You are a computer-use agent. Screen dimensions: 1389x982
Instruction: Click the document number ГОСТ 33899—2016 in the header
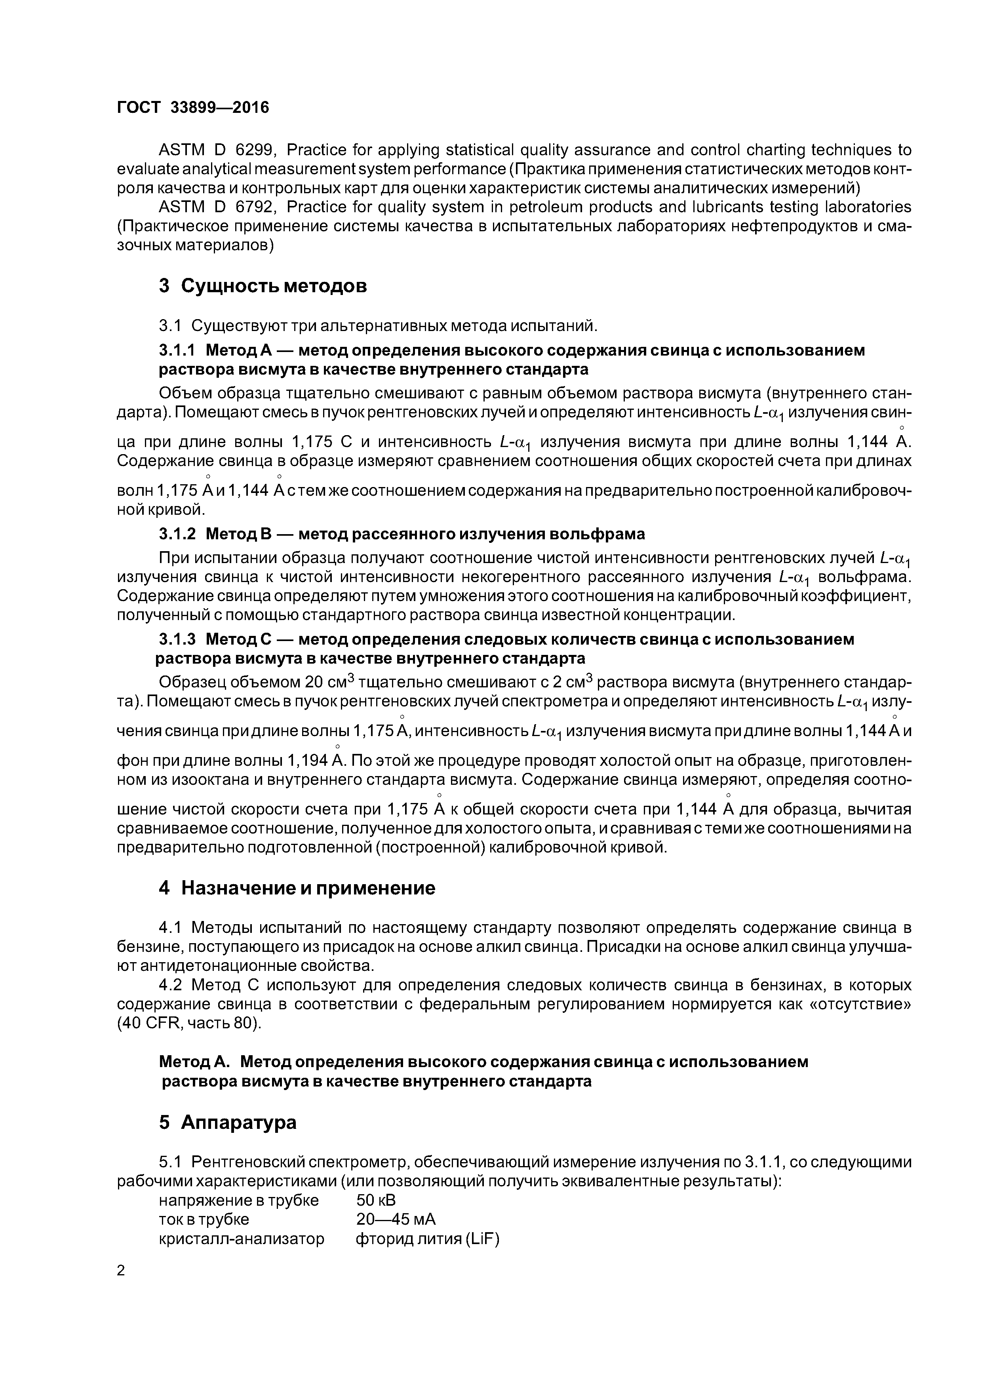[x=192, y=108]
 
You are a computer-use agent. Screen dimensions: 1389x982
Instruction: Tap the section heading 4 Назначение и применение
[x=297, y=888]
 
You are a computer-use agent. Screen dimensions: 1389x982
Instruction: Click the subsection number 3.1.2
[x=177, y=534]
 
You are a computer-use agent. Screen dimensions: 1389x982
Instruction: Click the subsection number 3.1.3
[x=177, y=639]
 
